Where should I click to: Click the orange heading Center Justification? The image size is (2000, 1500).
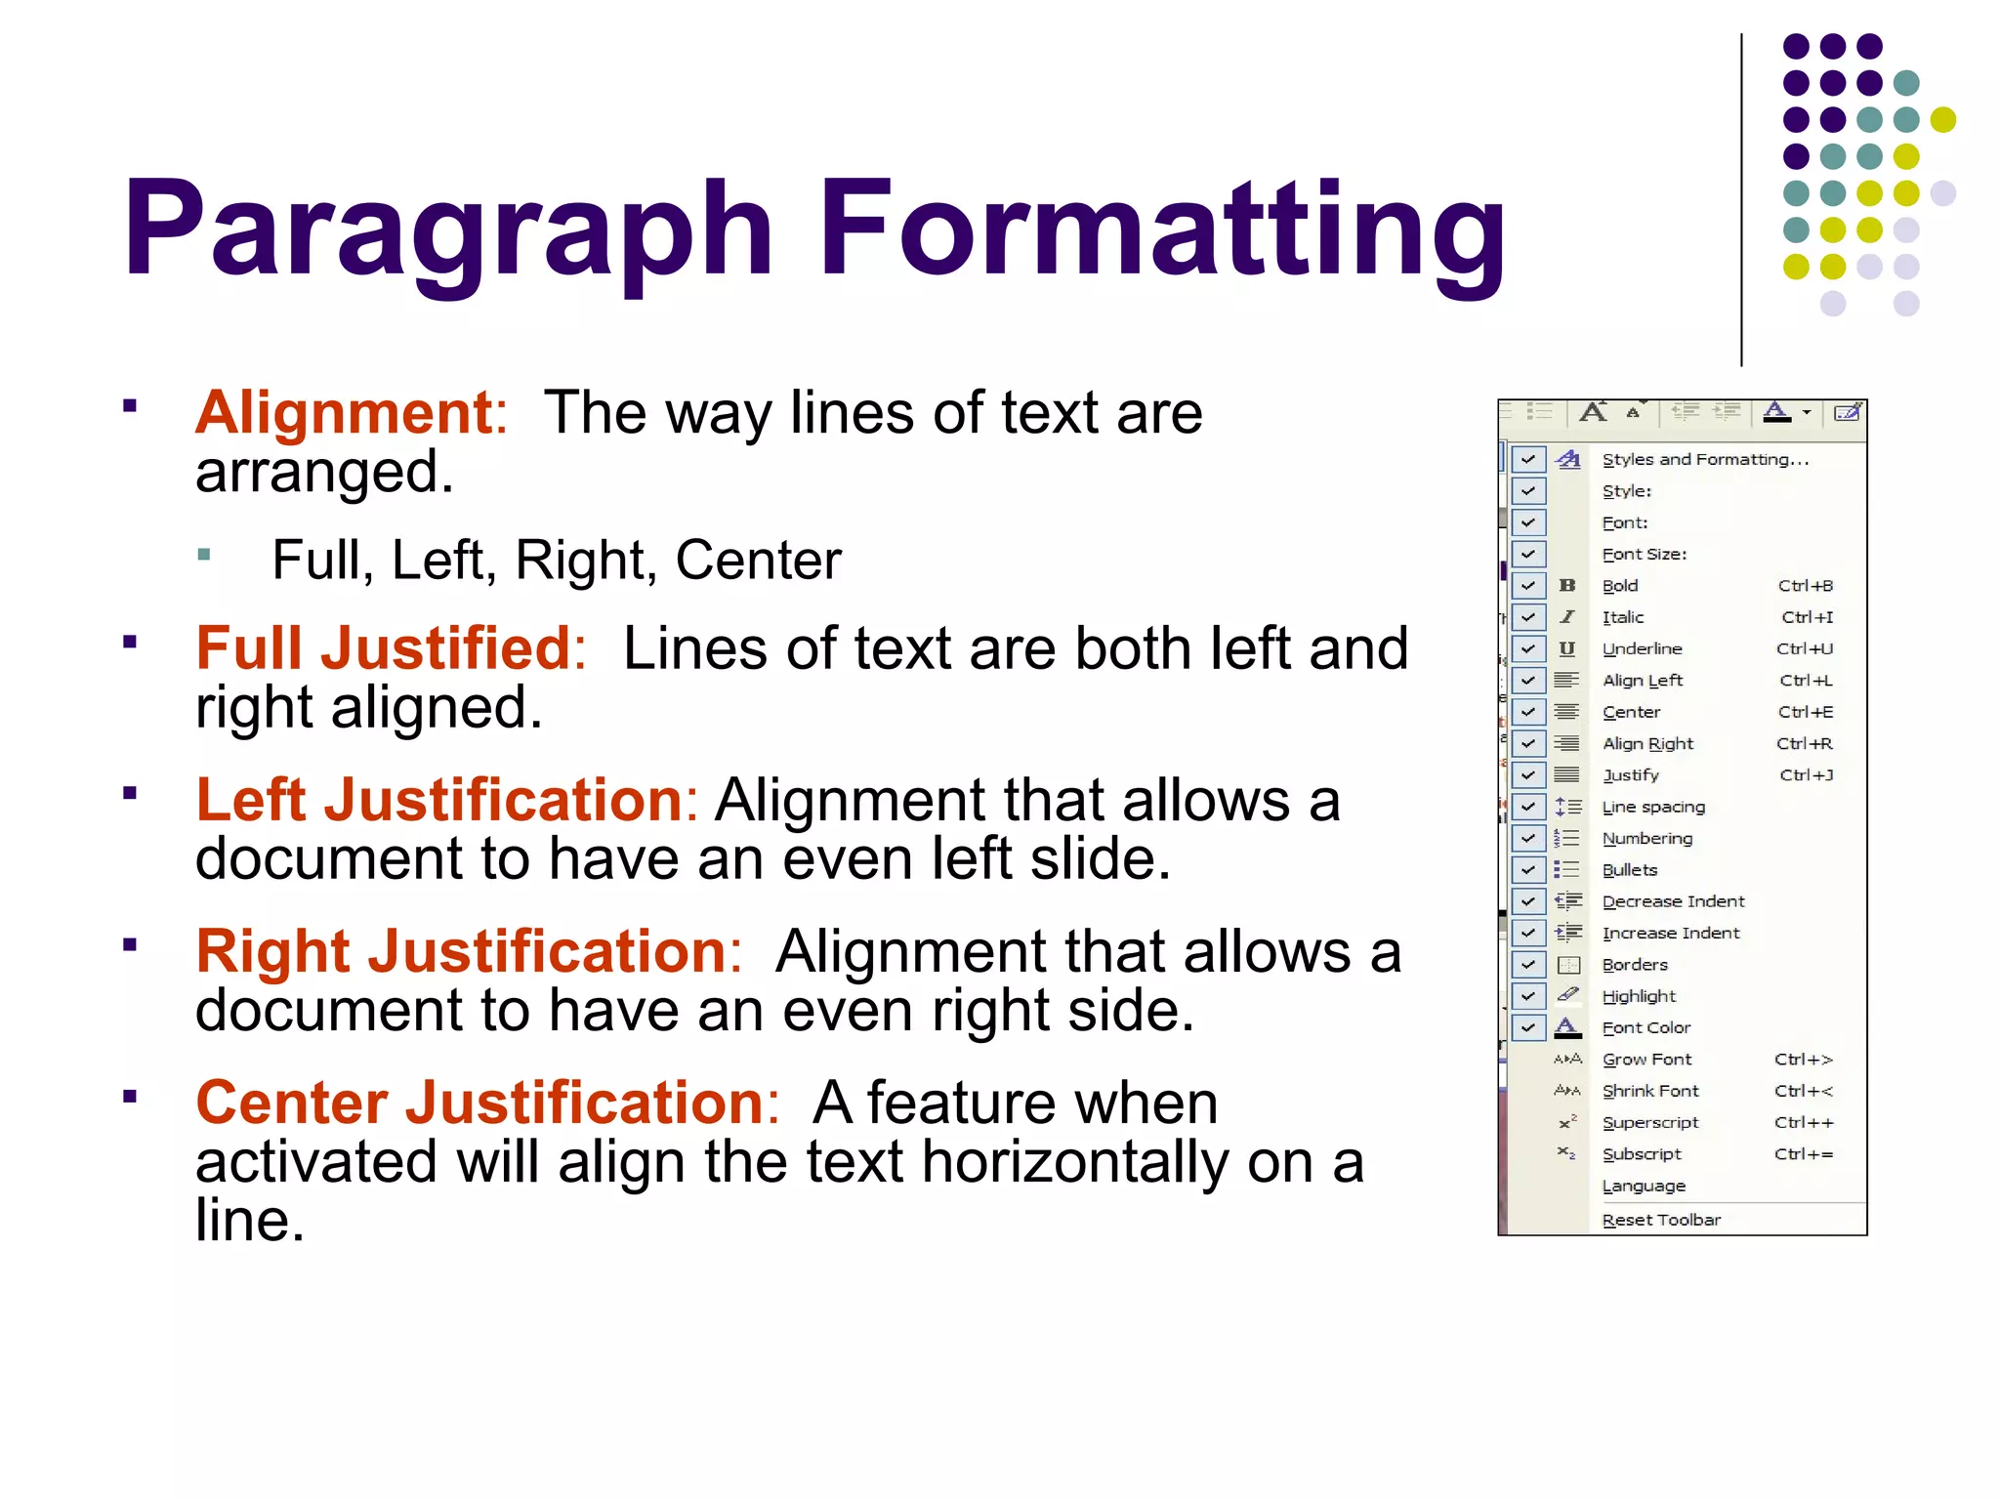(487, 1103)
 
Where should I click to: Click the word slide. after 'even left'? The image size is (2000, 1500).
(1101, 859)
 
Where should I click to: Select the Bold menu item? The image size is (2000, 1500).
(1620, 586)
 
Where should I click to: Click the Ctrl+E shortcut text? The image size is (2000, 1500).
(1805, 712)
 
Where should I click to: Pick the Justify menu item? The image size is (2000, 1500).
(1631, 775)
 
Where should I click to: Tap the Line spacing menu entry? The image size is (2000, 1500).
(1653, 807)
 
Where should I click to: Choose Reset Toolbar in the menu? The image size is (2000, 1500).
(1661, 1220)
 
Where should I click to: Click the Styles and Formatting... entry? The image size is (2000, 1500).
(1705, 459)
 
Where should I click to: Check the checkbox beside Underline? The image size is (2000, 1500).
(1528, 648)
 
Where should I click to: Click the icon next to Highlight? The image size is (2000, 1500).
(1567, 995)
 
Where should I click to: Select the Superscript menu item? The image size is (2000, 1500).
(1650, 1122)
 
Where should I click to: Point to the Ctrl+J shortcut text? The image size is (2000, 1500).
(1806, 775)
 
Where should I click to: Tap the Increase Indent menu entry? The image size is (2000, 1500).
(1671, 933)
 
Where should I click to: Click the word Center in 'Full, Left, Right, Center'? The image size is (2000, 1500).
(758, 561)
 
